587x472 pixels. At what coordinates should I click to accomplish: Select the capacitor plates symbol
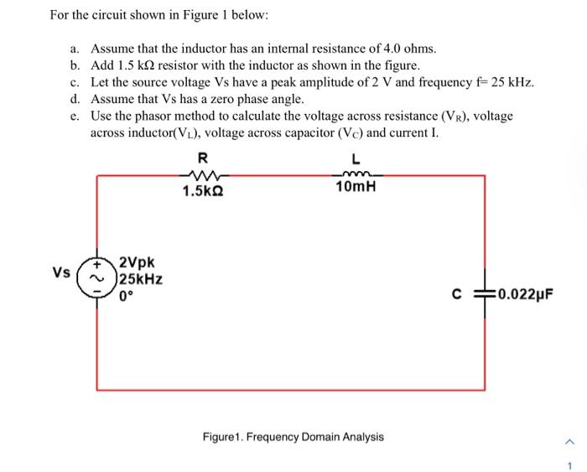click(x=484, y=293)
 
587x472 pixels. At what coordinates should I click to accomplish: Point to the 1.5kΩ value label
click(x=203, y=190)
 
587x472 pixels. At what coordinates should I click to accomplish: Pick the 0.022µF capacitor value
click(x=525, y=294)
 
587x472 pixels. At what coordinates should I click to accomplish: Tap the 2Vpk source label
click(x=136, y=263)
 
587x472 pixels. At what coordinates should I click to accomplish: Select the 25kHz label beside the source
click(x=140, y=279)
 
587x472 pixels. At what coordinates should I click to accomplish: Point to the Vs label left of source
click(x=60, y=272)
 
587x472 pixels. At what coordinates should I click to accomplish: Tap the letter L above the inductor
click(x=356, y=158)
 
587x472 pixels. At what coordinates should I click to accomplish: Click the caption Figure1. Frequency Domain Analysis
click(x=293, y=437)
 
